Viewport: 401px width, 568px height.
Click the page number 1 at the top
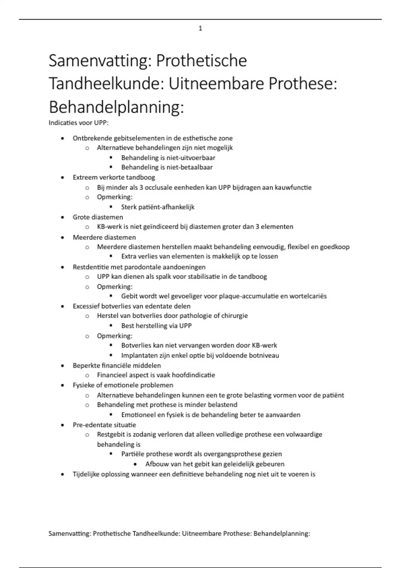(x=200, y=29)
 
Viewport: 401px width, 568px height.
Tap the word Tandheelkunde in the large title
(x=104, y=84)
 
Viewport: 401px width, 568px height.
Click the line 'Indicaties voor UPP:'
(x=79, y=123)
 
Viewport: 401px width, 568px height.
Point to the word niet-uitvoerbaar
(x=191, y=158)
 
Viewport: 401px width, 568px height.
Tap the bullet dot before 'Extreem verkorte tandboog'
(x=62, y=177)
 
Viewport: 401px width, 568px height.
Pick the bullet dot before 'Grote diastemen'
(x=62, y=217)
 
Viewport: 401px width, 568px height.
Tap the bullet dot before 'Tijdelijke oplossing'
(x=62, y=474)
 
